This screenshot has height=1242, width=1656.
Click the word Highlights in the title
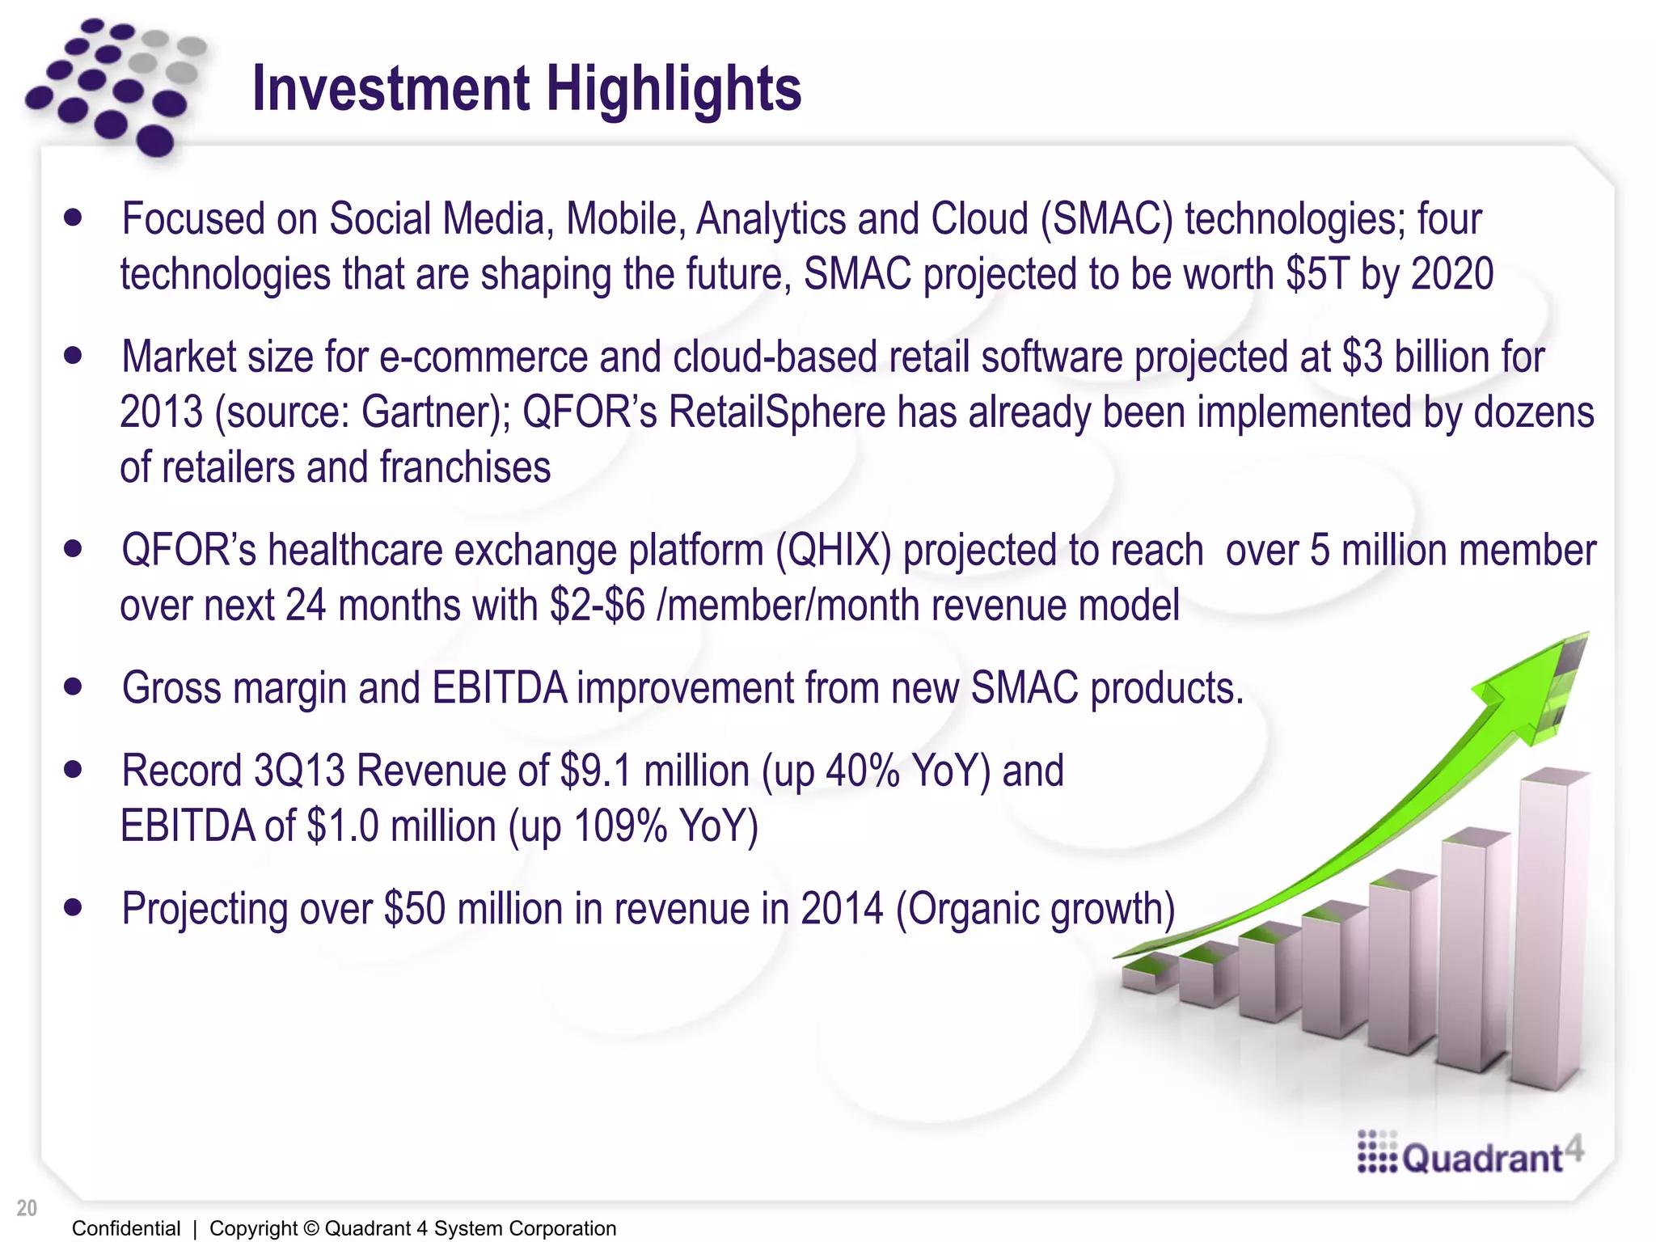674,89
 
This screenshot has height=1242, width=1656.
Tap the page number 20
27,1208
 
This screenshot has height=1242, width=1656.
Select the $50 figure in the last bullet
414,908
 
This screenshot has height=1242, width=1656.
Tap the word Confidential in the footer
126,1228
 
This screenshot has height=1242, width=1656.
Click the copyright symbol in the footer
310,1228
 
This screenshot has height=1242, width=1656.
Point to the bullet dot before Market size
74,356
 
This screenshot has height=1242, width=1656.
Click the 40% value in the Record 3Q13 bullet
862,770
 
